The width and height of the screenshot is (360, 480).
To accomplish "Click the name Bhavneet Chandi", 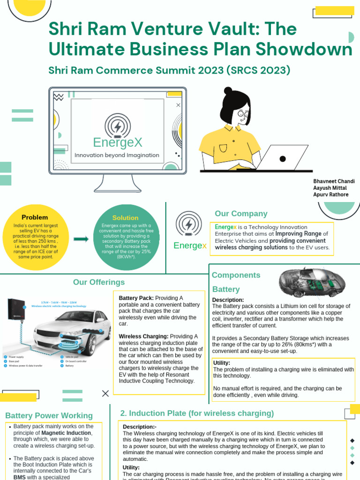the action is [334, 181].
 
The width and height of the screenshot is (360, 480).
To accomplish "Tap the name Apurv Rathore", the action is [330, 194].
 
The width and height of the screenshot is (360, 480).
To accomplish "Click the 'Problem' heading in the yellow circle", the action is [35, 217].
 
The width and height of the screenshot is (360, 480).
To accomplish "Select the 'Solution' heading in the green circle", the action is [125, 218].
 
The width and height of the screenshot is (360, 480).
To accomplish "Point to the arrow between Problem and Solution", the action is [81, 239].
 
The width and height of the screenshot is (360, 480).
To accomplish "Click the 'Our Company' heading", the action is [241, 214].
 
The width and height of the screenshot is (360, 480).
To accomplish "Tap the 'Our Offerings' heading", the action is [99, 282].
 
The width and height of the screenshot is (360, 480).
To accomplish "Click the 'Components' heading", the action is [236, 275].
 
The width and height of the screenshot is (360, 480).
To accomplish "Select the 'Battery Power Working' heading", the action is [49, 416].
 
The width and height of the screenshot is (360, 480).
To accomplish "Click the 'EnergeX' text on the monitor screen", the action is [117, 142].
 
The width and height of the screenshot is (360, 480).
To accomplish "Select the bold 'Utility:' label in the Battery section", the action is [222, 363].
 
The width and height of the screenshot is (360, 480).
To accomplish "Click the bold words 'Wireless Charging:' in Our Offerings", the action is [143, 337].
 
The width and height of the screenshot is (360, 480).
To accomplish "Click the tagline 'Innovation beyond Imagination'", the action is [117, 155].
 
